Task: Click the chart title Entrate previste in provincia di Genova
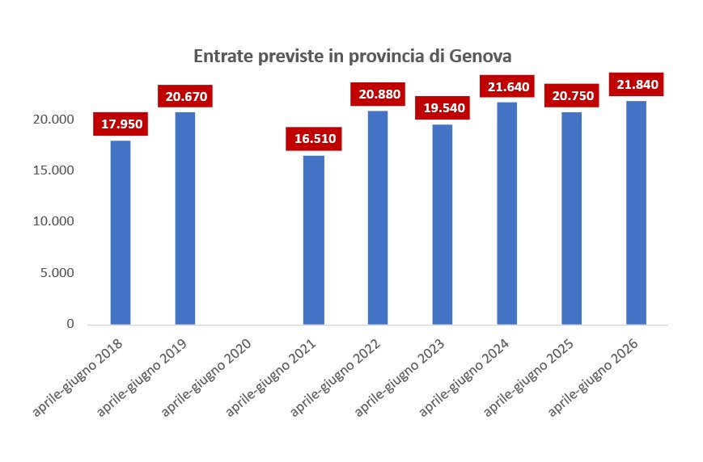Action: point(352,57)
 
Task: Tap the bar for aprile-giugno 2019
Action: point(185,218)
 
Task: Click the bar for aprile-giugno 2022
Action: point(378,218)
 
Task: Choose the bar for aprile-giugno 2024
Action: point(506,213)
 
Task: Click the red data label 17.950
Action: point(122,124)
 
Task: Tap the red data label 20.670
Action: point(186,97)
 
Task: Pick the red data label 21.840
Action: point(637,84)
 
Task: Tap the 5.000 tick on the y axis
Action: point(57,273)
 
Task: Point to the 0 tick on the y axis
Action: point(70,324)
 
